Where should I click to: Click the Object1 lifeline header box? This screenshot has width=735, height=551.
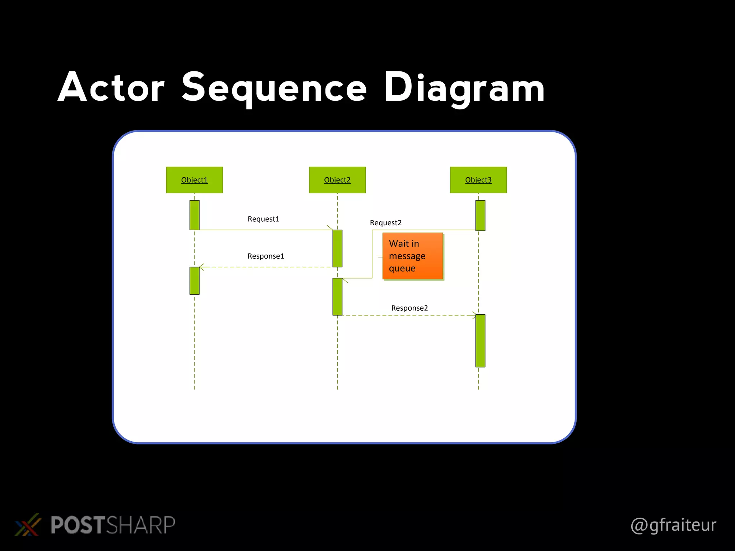pyautogui.click(x=194, y=180)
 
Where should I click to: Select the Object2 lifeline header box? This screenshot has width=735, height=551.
pyautogui.click(x=337, y=180)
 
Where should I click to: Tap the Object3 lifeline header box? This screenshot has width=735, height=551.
pyautogui.click(x=478, y=180)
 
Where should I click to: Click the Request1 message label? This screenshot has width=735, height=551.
pyautogui.click(x=263, y=219)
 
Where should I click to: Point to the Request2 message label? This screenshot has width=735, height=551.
pyautogui.click(x=385, y=223)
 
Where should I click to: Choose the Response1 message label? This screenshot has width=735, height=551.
pyautogui.click(x=266, y=256)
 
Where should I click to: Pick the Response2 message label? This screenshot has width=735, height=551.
pyautogui.click(x=409, y=308)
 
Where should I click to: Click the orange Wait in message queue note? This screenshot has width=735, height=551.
pyautogui.click(x=412, y=256)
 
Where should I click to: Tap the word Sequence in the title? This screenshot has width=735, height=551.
pyautogui.click(x=274, y=88)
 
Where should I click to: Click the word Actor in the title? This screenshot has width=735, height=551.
pyautogui.click(x=111, y=88)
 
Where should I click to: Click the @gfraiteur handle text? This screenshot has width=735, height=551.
pyautogui.click(x=673, y=525)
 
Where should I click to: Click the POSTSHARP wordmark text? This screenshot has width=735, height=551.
pyautogui.click(x=113, y=525)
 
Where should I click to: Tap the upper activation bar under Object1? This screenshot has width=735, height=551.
pyautogui.click(x=194, y=215)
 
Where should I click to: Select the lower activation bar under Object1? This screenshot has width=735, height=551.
pyautogui.click(x=194, y=281)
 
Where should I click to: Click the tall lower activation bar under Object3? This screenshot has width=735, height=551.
pyautogui.click(x=480, y=340)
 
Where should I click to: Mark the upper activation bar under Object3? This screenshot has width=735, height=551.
pyautogui.click(x=480, y=215)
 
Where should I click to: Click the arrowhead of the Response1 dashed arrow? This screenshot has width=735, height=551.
pyautogui.click(x=201, y=267)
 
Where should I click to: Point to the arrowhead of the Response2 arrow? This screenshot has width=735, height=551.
pyautogui.click(x=474, y=315)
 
